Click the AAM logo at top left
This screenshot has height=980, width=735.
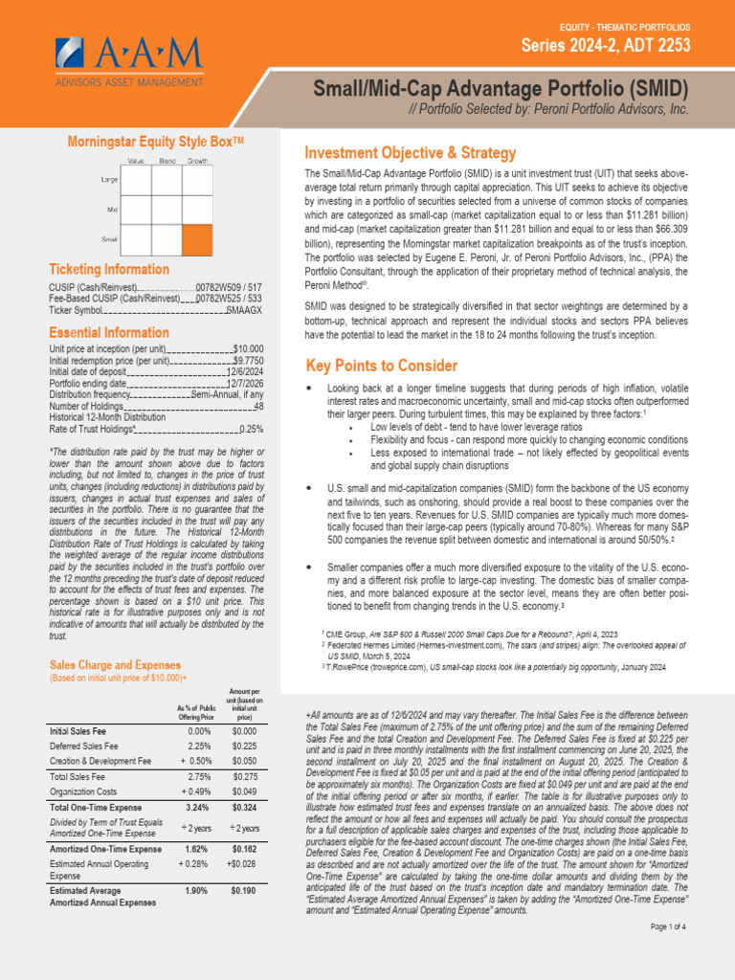[x=128, y=59]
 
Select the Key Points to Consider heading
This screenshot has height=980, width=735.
[x=381, y=366]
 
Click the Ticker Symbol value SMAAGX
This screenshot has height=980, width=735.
[x=244, y=310]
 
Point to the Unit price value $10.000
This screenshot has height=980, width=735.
[x=248, y=349]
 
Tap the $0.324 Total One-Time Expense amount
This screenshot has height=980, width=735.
[x=244, y=809]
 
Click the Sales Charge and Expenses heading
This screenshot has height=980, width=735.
[x=115, y=664]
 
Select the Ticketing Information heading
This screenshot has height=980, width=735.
[x=109, y=270]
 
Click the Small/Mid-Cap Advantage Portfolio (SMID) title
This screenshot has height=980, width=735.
[x=501, y=89]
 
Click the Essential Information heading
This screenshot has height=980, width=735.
[x=109, y=332]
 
